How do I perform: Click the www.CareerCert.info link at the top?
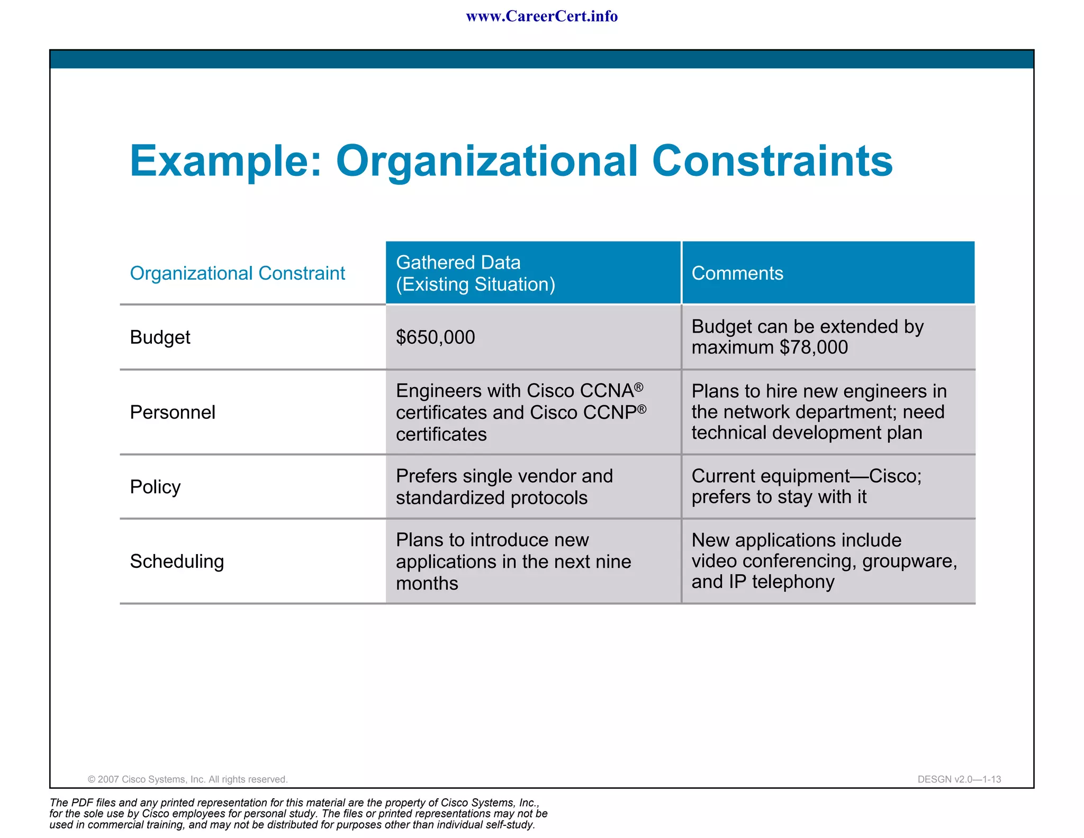(541, 16)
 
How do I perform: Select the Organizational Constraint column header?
(237, 273)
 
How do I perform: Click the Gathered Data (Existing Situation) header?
(475, 273)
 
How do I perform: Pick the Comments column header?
(737, 273)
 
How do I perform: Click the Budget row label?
(160, 337)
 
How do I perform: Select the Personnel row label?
(173, 412)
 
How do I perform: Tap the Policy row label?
(155, 487)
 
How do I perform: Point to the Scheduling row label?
(177, 561)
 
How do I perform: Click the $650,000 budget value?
(435, 337)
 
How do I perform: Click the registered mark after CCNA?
(639, 387)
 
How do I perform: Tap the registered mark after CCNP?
(642, 409)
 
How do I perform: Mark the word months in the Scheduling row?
(427, 583)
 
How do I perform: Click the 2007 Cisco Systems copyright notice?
(187, 779)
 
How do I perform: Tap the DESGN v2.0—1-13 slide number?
(959, 779)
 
